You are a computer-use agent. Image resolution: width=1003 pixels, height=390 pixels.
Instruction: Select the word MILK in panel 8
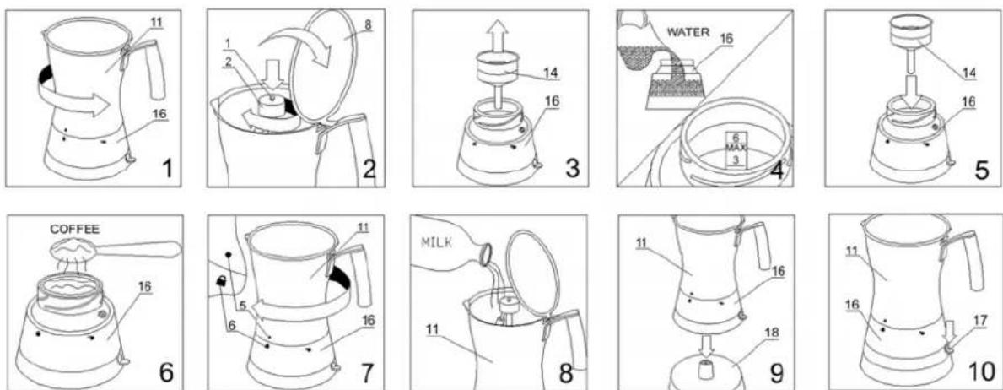point(437,242)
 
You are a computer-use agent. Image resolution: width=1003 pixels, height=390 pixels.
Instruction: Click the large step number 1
point(168,169)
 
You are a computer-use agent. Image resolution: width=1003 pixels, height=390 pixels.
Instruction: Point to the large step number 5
point(984,169)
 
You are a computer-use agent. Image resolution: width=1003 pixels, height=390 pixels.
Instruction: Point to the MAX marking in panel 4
point(736,148)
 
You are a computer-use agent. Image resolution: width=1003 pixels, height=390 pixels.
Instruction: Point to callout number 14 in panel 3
point(550,73)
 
